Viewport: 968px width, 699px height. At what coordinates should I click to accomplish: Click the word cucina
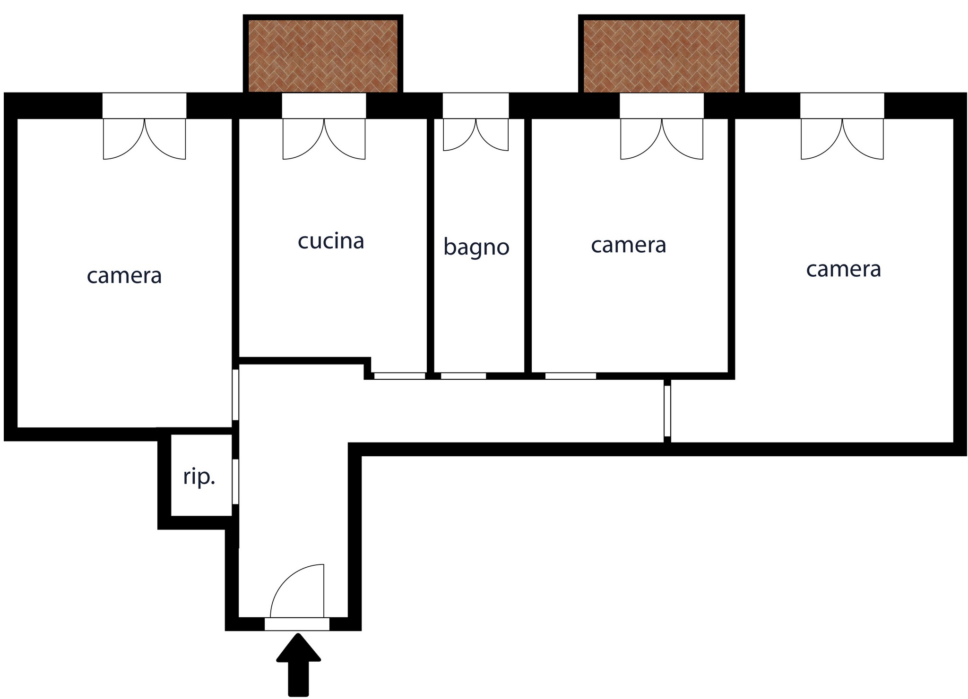(x=331, y=241)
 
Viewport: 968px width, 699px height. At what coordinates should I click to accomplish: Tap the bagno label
(x=476, y=247)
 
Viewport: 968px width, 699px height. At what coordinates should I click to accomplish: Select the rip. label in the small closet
(x=199, y=477)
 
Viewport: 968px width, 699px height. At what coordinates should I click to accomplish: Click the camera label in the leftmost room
(x=124, y=276)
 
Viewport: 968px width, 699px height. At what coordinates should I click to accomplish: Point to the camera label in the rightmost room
(x=844, y=270)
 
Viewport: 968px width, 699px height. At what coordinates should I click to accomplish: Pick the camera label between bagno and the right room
(x=629, y=245)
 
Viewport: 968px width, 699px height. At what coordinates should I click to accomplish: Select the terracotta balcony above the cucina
(x=323, y=56)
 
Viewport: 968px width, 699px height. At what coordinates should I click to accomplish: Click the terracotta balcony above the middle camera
(x=661, y=56)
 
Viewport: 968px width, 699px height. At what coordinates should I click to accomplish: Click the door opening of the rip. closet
(x=235, y=481)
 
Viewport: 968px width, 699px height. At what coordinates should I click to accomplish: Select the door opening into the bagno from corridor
(x=464, y=376)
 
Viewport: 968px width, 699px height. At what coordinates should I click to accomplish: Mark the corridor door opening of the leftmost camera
(x=235, y=394)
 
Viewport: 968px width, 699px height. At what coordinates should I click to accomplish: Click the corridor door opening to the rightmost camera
(x=667, y=411)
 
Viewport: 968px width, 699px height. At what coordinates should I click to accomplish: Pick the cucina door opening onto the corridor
(x=400, y=376)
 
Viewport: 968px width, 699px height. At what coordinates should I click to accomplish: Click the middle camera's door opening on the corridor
(x=570, y=376)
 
